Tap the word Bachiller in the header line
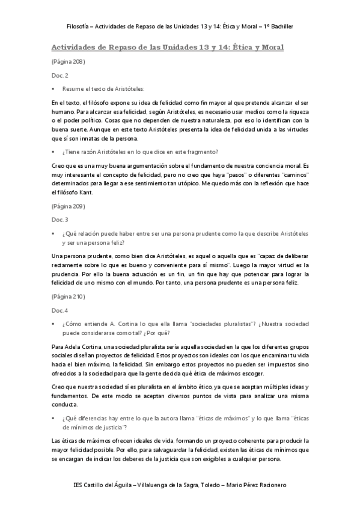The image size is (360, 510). pyautogui.click(x=281, y=27)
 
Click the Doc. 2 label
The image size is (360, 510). pyautogui.click(x=59, y=75)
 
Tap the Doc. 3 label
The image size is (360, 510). pyautogui.click(x=59, y=220)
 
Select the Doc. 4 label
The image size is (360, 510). pyautogui.click(x=59, y=310)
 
